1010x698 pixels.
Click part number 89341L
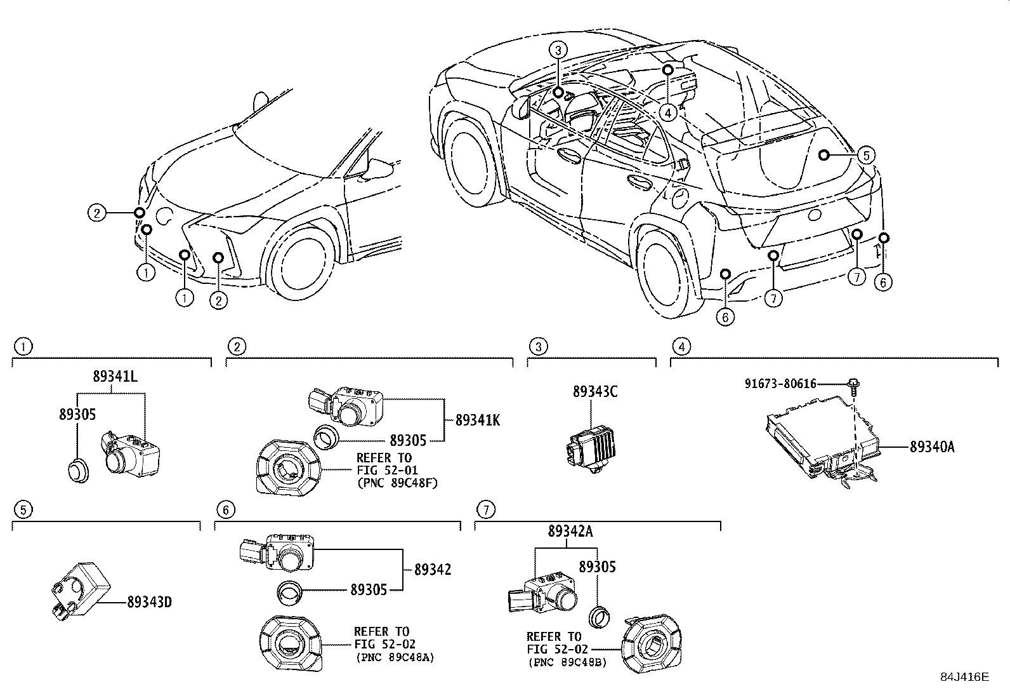[115, 377]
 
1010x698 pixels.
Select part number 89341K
[477, 420]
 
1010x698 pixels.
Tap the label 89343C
[594, 392]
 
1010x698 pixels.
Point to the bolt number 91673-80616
[780, 384]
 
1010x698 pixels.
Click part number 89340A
[931, 447]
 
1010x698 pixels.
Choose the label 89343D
[149, 601]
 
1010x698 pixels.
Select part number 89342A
[570, 532]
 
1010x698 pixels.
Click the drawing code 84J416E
[964, 677]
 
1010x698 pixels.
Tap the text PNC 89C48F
[397, 483]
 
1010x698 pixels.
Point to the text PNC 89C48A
[394, 657]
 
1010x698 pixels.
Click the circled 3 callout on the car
[557, 50]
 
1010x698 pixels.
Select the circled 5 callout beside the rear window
[866, 154]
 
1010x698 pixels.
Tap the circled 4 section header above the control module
[681, 347]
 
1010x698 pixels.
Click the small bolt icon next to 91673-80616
[854, 384]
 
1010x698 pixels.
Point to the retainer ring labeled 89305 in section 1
[78, 471]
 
